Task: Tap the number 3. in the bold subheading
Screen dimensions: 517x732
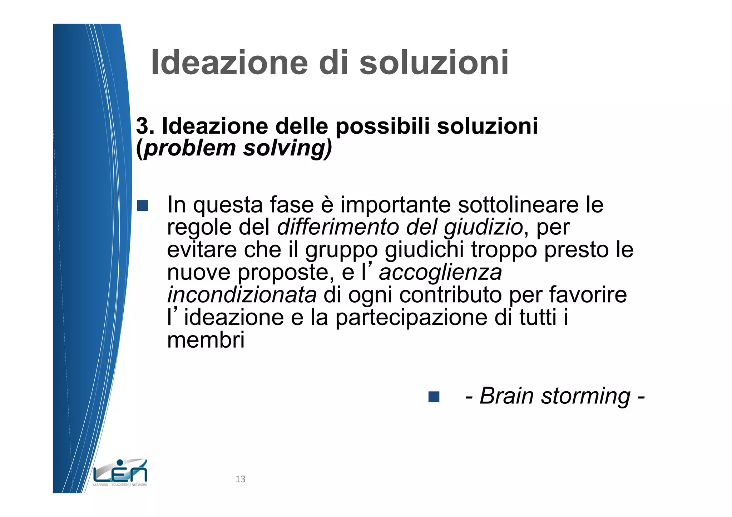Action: point(145,126)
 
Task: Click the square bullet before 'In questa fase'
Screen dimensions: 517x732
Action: point(143,205)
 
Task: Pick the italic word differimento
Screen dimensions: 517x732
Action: point(338,227)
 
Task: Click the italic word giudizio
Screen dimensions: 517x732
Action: point(483,228)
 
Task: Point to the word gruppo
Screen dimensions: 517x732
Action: point(341,250)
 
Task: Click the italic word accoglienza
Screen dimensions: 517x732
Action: point(440,273)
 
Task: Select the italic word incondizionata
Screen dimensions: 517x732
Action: point(242,295)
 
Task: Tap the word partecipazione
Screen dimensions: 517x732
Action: point(411,317)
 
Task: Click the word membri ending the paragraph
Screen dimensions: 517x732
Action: point(206,340)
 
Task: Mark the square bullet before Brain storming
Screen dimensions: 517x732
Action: point(434,397)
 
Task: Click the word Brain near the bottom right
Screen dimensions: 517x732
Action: point(507,396)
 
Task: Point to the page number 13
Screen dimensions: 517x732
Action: point(240,479)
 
